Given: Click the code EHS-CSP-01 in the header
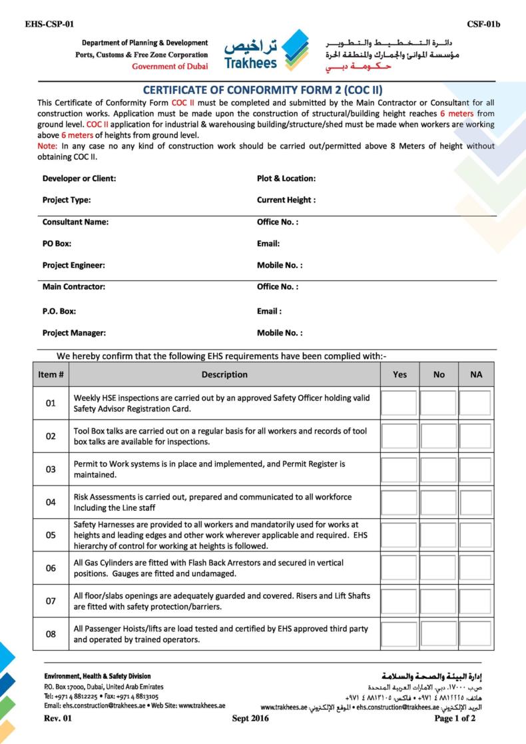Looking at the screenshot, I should click(49, 25).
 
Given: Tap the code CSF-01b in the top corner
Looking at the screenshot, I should click(483, 25).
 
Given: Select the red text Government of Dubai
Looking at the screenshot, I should click(170, 67).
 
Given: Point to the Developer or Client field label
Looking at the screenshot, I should click(79, 179).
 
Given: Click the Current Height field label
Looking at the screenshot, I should click(286, 200).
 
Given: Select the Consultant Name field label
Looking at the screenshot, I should click(75, 222).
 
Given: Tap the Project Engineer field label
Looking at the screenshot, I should click(74, 265).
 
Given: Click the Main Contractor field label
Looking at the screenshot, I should click(74, 287).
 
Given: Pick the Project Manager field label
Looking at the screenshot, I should click(74, 332).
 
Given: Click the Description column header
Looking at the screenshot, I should click(224, 374).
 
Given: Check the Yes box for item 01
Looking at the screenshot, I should click(399, 404).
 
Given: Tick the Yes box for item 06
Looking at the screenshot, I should click(399, 568).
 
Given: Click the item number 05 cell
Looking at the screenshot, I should click(51, 535).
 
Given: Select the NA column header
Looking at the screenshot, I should click(475, 374).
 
